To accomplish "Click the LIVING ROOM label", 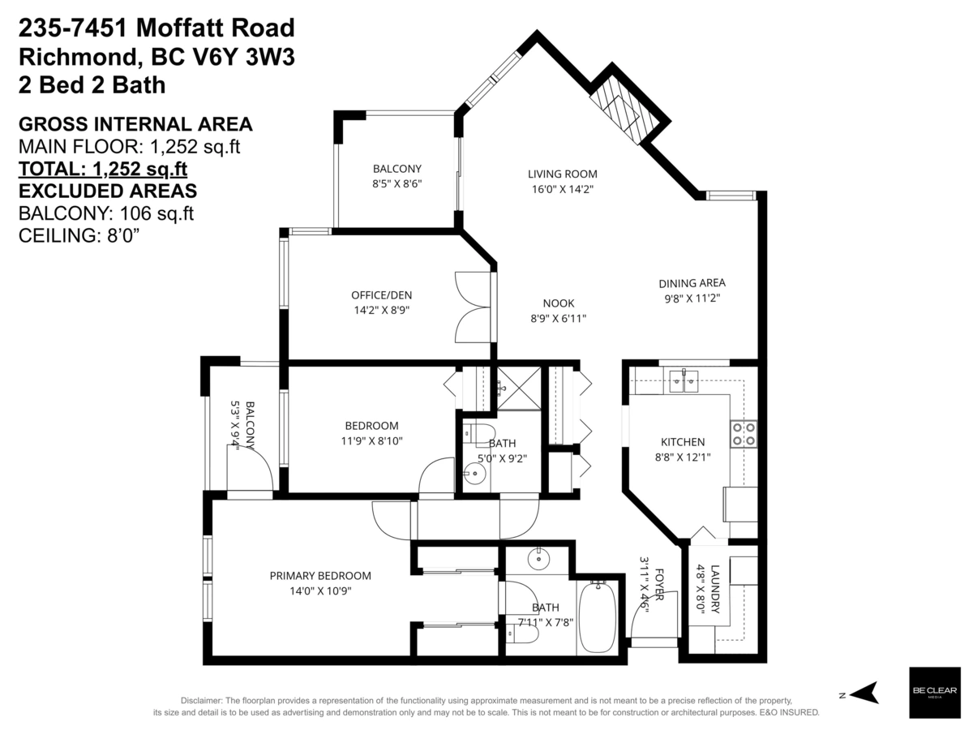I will (x=562, y=174).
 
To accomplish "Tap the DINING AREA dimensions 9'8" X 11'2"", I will (x=691, y=298).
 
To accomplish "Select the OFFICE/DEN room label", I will (x=375, y=294).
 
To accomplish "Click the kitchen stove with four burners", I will (x=744, y=433).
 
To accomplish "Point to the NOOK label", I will (x=558, y=303).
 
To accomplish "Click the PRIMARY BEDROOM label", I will (x=320, y=576).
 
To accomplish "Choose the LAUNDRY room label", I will (x=714, y=588).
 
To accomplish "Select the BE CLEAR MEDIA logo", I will (x=935, y=693).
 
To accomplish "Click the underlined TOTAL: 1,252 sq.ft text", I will (x=103, y=169).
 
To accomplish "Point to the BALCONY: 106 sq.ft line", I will (x=105, y=213).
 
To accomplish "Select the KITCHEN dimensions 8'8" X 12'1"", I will (x=682, y=457).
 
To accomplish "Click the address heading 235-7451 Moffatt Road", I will (x=156, y=29).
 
